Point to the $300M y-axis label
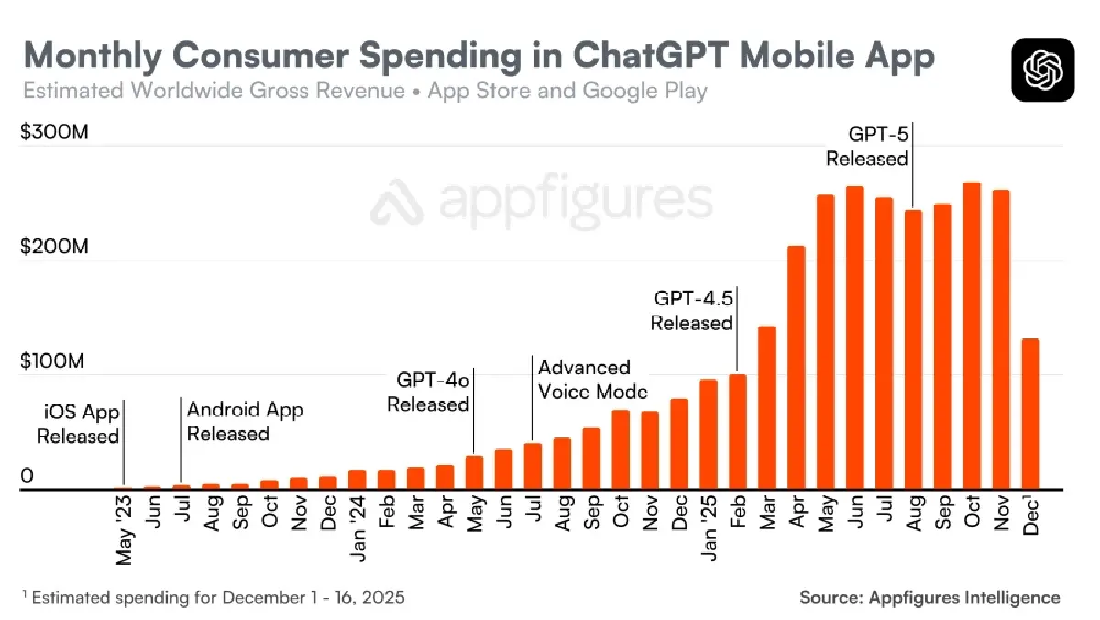pyautogui.click(x=54, y=133)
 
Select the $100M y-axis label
pyautogui.click(x=54, y=360)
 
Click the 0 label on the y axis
pyautogui.click(x=27, y=475)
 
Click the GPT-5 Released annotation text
pyautogui.click(x=867, y=146)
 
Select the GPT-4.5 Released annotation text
pyautogui.click(x=692, y=310)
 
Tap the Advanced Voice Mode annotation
pyautogui.click(x=592, y=380)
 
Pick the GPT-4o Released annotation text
pyautogui.click(x=428, y=392)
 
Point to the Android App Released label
pyautogui.click(x=245, y=421)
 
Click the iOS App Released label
pyautogui.click(x=79, y=424)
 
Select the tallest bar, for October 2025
pyautogui.click(x=972, y=336)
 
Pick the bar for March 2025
pyautogui.click(x=767, y=407)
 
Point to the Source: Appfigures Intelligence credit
pyautogui.click(x=929, y=597)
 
